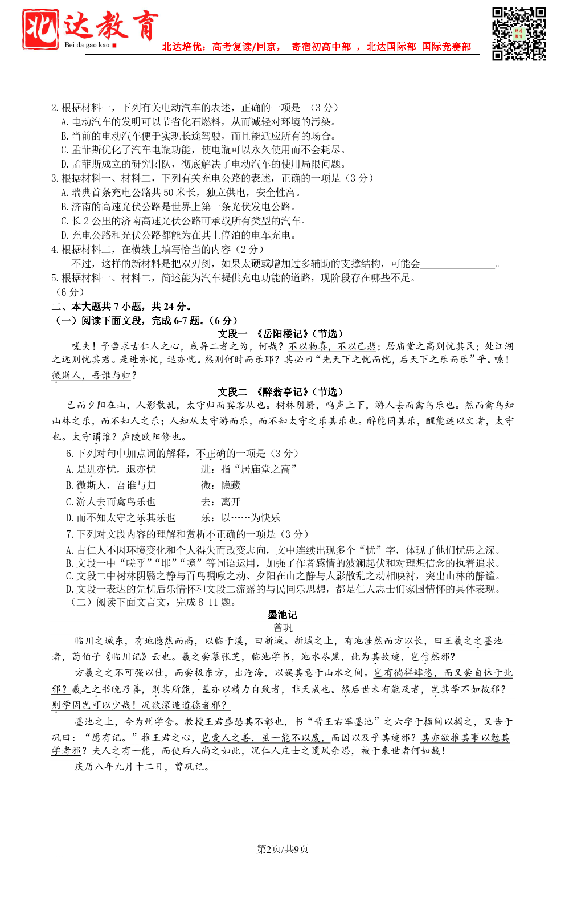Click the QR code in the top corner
(x=518, y=34)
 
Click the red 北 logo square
(x=40, y=28)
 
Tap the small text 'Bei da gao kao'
(x=87, y=45)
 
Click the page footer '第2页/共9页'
(x=282, y=849)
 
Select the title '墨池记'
(x=282, y=614)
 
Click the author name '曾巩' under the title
(x=282, y=627)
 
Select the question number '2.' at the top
(x=55, y=108)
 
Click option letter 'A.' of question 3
(x=65, y=193)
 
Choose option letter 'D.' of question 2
(x=65, y=164)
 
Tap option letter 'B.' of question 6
(x=69, y=485)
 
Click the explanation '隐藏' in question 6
(x=231, y=485)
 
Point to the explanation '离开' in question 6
(x=231, y=502)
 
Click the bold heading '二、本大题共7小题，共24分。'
(x=121, y=307)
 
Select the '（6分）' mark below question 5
(x=69, y=292)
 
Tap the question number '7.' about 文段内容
(x=69, y=534)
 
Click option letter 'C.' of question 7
(x=69, y=576)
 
